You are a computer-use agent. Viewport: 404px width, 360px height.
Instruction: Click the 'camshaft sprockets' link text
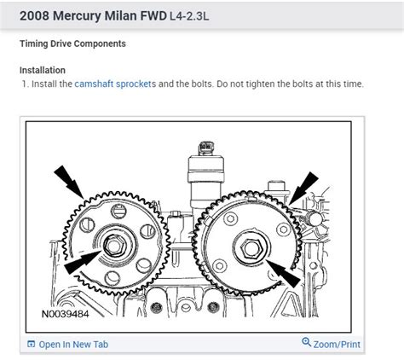tap(112, 84)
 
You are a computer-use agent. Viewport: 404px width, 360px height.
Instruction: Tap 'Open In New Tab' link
tap(73, 345)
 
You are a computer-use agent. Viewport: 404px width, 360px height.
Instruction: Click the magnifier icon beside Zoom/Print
tap(307, 344)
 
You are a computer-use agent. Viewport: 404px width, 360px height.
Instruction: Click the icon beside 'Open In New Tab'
tap(32, 345)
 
